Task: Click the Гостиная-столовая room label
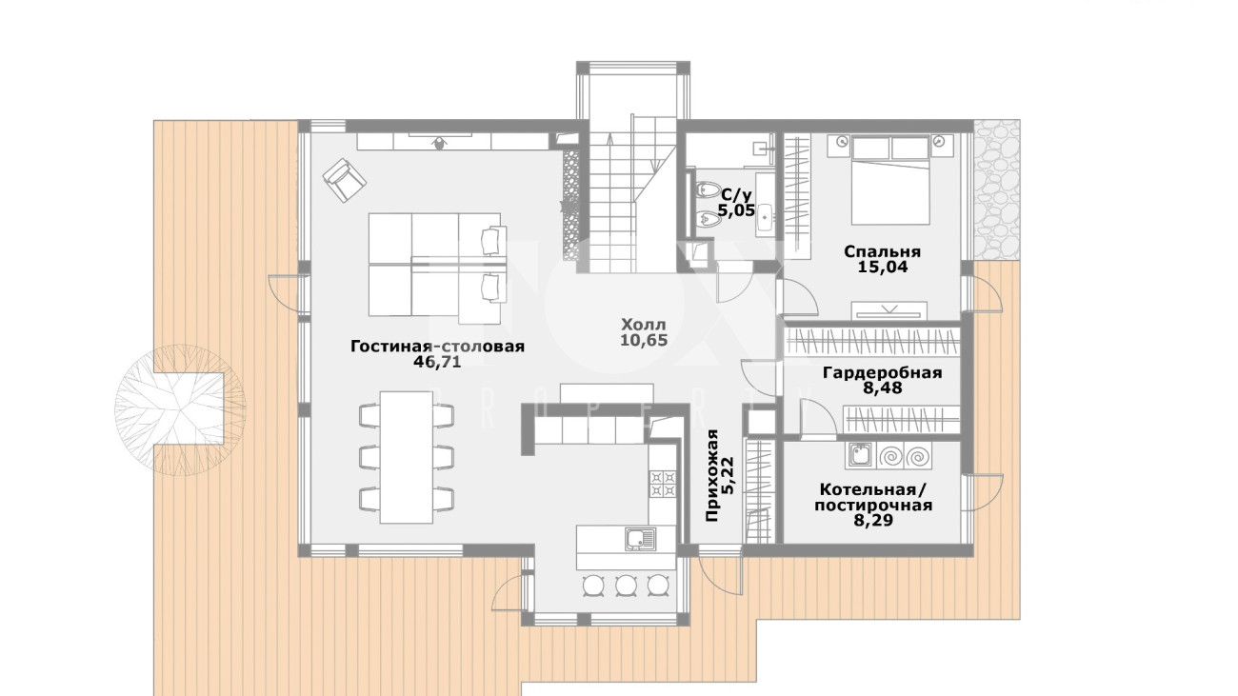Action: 437,347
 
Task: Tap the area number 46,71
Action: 436,362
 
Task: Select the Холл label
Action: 644,324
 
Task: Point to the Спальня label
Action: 882,252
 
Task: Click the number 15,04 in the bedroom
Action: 882,268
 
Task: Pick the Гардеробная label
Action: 882,373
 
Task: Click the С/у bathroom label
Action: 737,194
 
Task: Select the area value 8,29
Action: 873,520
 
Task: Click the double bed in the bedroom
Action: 889,181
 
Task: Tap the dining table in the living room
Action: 407,457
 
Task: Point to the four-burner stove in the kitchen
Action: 663,484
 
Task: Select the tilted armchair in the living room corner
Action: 345,180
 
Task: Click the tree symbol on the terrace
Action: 181,409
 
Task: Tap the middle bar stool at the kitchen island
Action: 627,585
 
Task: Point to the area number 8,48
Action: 882,388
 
